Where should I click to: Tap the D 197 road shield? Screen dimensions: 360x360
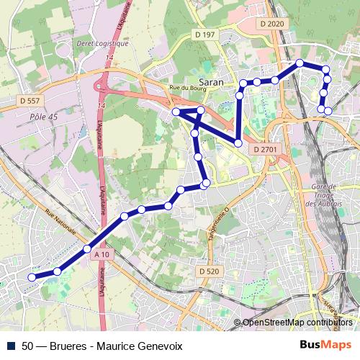click(x=204, y=35)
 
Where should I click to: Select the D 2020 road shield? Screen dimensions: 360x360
click(x=271, y=24)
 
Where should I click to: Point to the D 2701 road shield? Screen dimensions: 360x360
click(x=265, y=149)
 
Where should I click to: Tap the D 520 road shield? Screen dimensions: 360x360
click(x=208, y=271)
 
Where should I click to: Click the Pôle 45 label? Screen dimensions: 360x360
click(x=44, y=116)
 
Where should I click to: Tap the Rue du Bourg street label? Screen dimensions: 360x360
click(x=181, y=88)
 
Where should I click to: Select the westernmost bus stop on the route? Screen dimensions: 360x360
click(x=32, y=276)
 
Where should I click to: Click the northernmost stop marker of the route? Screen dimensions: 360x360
click(x=300, y=63)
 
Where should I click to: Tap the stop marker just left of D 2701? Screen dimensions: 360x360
click(x=238, y=143)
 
